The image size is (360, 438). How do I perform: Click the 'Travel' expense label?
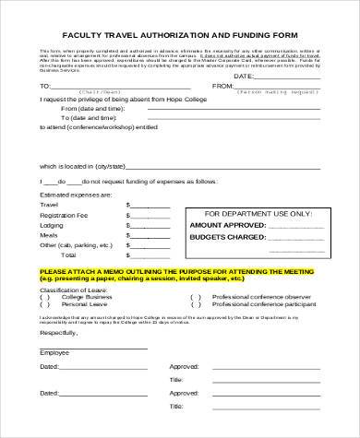[x=50, y=206]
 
